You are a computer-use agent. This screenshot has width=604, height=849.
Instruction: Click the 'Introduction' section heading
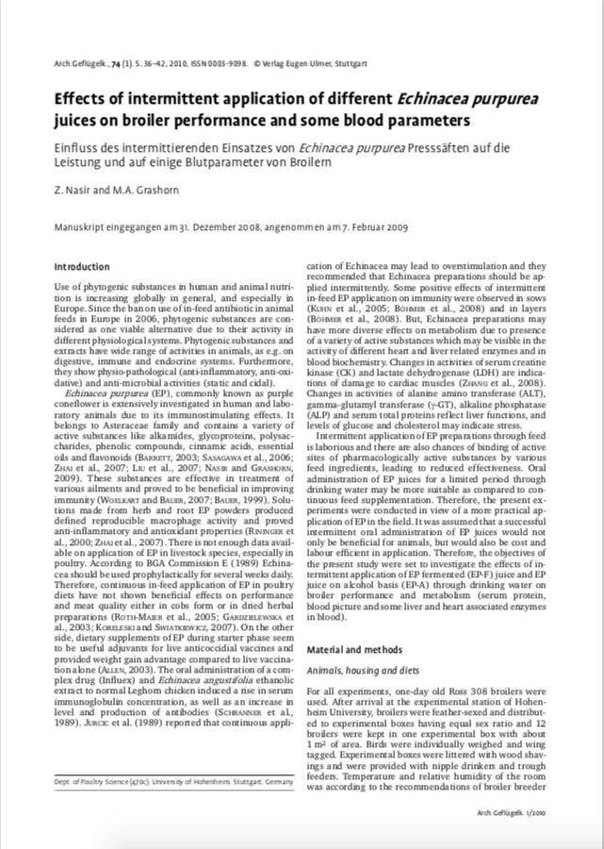[82, 267]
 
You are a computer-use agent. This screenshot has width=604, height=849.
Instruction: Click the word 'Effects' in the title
[83, 99]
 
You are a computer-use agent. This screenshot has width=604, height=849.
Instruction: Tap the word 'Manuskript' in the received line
[78, 227]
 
